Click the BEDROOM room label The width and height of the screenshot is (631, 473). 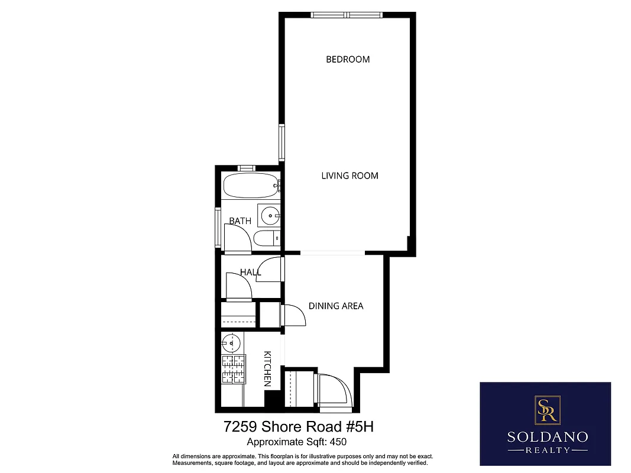pyautogui.click(x=348, y=59)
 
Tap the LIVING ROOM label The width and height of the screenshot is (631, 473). pyautogui.click(x=350, y=176)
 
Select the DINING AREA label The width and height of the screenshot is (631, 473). pyautogui.click(x=336, y=306)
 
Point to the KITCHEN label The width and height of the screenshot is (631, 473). pyautogui.click(x=267, y=369)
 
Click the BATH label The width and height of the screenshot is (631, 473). pyautogui.click(x=240, y=221)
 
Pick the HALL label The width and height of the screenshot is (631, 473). pyautogui.click(x=250, y=272)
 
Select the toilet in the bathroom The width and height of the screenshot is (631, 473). pyautogui.click(x=265, y=238)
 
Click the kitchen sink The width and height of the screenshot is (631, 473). pyautogui.click(x=231, y=342)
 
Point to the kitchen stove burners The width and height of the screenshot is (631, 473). pyautogui.click(x=233, y=370)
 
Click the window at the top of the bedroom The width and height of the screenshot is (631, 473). pyautogui.click(x=348, y=15)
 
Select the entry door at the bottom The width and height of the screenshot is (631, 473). pyautogui.click(x=335, y=391)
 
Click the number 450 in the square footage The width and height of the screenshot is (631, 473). pyautogui.click(x=338, y=442)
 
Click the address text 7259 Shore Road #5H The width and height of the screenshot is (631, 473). pyautogui.click(x=299, y=426)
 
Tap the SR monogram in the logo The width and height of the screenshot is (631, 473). pyautogui.click(x=545, y=409)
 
